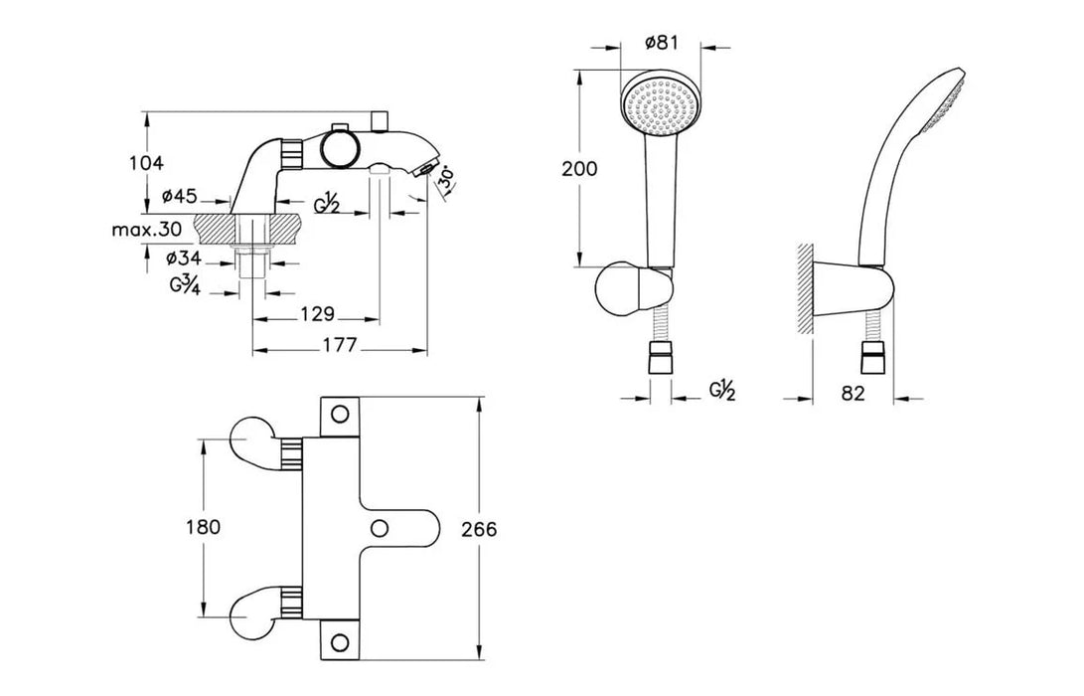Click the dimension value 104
[147, 163]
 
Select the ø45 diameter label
[180, 197]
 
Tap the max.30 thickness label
[147, 229]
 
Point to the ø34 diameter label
[184, 259]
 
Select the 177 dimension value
[340, 344]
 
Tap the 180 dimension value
[204, 527]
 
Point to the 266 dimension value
[479, 529]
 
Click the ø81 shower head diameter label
[661, 42]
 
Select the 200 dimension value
[579, 168]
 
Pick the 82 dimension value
[853, 393]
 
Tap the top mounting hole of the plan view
[340, 414]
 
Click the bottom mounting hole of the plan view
[340, 641]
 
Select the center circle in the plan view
[379, 528]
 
